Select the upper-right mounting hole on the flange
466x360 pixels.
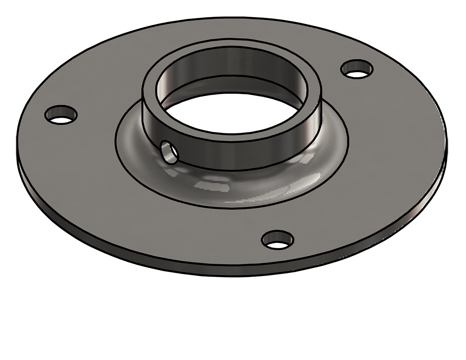point(358,69)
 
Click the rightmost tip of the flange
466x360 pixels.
point(447,136)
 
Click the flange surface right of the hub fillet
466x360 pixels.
point(390,140)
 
